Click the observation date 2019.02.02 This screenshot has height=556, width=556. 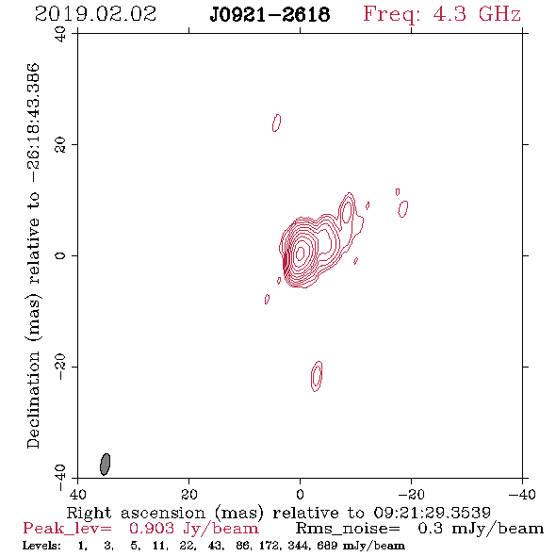[95, 14]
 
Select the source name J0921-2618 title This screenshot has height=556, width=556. [270, 15]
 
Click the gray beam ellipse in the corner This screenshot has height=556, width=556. [105, 465]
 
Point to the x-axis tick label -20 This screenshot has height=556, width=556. [411, 495]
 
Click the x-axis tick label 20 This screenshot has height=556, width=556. [188, 495]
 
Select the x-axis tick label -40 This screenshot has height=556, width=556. [522, 495]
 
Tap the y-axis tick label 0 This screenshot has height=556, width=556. [60, 255]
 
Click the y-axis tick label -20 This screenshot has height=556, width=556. [60, 367]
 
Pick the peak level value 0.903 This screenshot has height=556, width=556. [152, 529]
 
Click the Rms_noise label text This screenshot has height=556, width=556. [348, 529]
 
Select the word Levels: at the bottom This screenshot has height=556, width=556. [41, 546]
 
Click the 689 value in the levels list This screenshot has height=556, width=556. [328, 546]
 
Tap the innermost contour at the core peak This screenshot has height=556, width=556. [301, 253]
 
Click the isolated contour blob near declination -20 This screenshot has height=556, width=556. [317, 376]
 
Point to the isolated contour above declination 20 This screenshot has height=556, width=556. [276, 123]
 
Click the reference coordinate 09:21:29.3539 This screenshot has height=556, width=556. [433, 513]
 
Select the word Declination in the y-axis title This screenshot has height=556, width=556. [33, 400]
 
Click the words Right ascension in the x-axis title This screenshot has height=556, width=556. [136, 513]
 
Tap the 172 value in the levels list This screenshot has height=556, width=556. [271, 546]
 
